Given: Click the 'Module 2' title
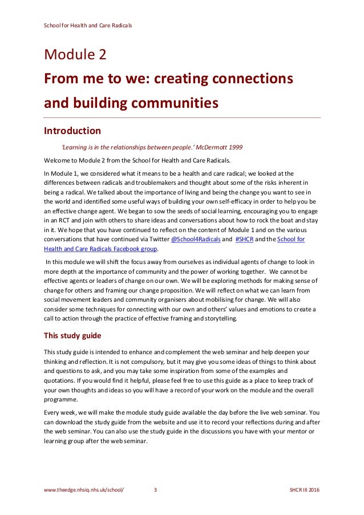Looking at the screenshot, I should coord(75,55).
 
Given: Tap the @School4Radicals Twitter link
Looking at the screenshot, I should coord(196,240).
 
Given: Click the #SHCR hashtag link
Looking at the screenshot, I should coord(245,240).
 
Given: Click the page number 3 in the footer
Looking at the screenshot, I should coord(155,490).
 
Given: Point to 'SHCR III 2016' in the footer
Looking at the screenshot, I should coord(305,490).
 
